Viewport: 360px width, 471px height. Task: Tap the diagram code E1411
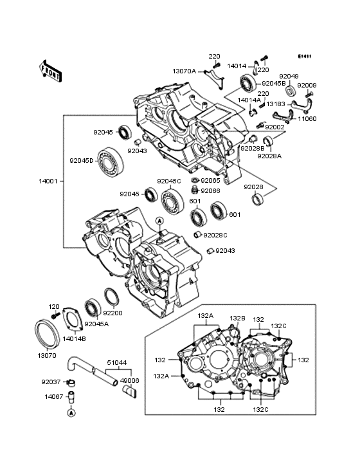304,56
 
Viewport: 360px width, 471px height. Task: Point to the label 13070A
184,71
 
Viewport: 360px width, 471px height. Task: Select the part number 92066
210,190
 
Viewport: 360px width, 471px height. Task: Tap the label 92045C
169,181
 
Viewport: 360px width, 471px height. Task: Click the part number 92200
113,313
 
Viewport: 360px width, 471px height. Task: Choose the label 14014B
74,337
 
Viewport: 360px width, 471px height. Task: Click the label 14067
53,397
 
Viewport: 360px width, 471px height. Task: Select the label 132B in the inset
238,318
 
